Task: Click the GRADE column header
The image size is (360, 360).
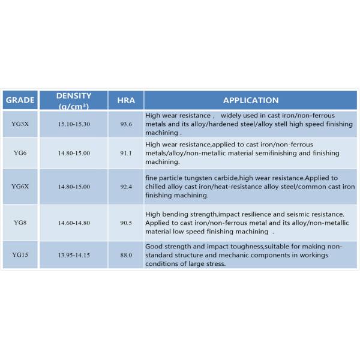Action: (x=20, y=100)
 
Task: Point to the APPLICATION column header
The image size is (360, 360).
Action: (x=250, y=100)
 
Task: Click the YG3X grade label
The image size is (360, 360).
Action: (x=20, y=123)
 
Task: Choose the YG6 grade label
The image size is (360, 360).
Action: (x=19, y=154)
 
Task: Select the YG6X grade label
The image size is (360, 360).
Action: (x=20, y=187)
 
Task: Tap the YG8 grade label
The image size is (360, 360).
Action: (x=19, y=223)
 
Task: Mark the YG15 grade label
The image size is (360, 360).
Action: (x=20, y=256)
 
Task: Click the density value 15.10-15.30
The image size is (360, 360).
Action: (x=74, y=123)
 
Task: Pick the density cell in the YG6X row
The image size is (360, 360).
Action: (x=74, y=187)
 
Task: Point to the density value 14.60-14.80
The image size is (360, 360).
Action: (x=74, y=223)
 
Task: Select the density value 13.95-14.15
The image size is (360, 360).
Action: (x=74, y=256)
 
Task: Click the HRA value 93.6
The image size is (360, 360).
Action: (x=125, y=123)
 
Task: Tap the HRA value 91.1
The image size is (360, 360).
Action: (x=125, y=154)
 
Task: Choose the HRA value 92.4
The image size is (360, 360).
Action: (x=125, y=187)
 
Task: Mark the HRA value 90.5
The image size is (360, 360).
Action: (x=125, y=223)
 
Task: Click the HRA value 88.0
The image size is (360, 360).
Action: (x=125, y=256)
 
